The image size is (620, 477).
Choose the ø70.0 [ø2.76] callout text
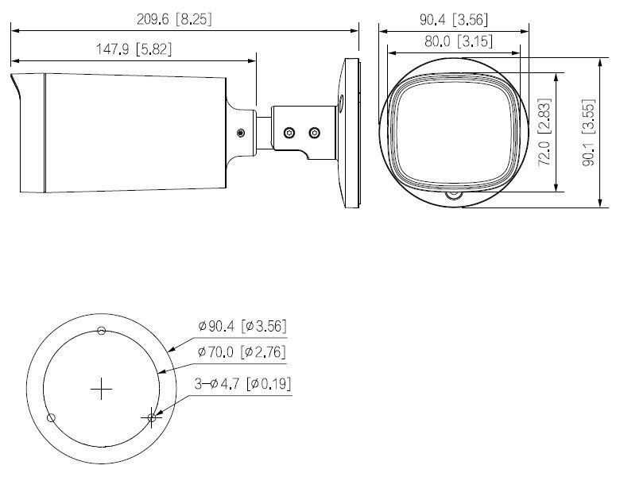pos(242,351)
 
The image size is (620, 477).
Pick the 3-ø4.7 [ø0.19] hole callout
pos(243,384)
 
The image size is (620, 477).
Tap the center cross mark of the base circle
pos(102,390)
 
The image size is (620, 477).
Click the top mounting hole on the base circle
pos(101,331)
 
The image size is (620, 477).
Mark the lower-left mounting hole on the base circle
pos(51,418)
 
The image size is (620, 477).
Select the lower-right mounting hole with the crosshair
pos(152,417)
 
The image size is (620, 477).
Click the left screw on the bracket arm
pos(290,132)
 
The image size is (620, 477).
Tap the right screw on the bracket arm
pos(314,132)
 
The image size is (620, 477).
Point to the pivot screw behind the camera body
pos(242,133)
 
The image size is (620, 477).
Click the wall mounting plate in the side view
pos(349,133)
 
